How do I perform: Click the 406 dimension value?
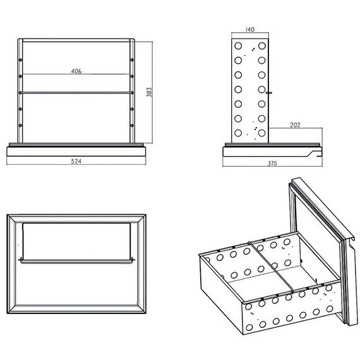[x=76, y=71]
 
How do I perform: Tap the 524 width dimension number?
[x=76, y=162]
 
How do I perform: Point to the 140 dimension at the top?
[x=251, y=30]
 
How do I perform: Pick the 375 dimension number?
[x=272, y=163]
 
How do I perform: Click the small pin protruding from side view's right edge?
[x=270, y=92]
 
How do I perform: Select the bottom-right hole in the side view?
[x=261, y=133]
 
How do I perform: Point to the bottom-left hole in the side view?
[x=238, y=133]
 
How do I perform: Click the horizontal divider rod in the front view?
[x=76, y=93]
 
